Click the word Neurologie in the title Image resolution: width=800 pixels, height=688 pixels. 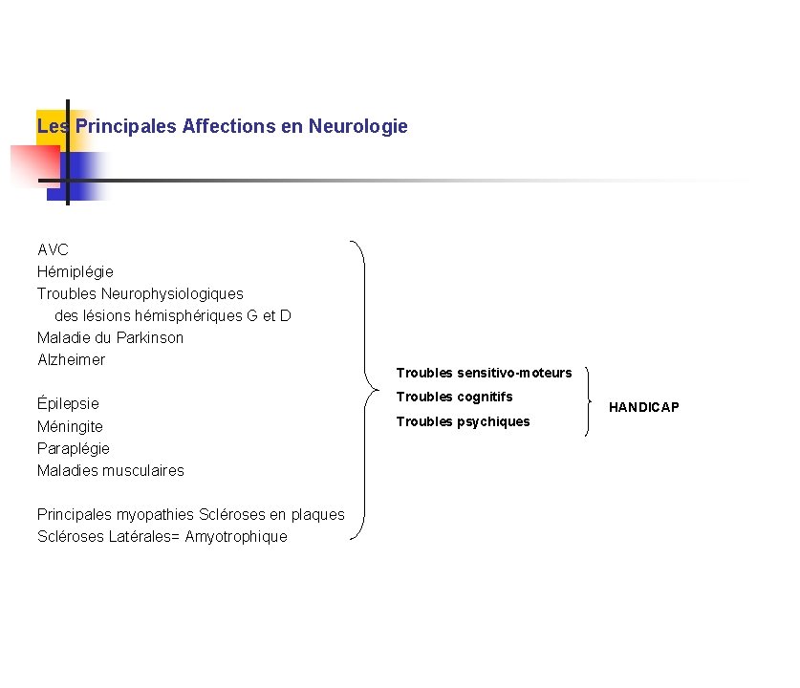click(358, 126)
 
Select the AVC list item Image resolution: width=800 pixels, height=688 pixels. click(53, 249)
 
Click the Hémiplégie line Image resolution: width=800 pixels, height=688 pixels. click(76, 271)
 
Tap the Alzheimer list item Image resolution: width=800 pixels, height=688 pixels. click(71, 359)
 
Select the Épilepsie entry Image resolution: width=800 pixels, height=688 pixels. click(68, 403)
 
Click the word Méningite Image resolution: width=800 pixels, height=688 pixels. click(70, 426)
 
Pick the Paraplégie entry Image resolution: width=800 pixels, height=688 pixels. click(74, 448)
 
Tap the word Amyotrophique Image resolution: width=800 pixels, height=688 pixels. click(236, 536)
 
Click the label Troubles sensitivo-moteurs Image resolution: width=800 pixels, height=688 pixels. click(484, 373)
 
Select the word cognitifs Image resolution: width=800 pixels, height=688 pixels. click(485, 397)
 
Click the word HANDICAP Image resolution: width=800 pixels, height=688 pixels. click(644, 407)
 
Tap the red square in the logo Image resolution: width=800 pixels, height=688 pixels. click(32, 164)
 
